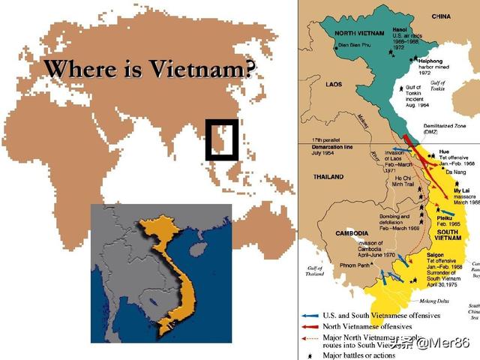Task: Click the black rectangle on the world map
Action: tap(222, 139)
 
